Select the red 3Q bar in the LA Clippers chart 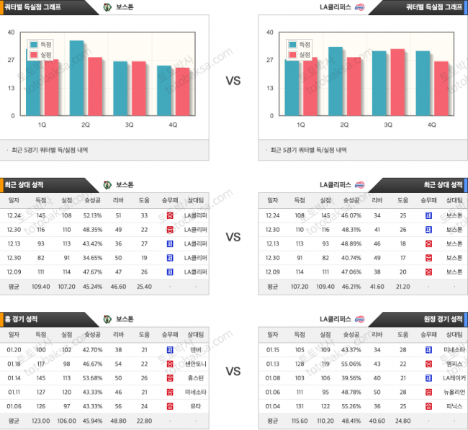pos(397,83)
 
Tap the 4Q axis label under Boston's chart pos(173,125)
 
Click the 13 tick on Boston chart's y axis pos(12,88)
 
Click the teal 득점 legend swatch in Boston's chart pos(33,44)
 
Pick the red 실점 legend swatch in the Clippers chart pos(292,54)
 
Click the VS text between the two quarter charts pos(233,81)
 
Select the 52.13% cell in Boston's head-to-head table pos(92,215)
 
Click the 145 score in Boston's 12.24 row pos(40,215)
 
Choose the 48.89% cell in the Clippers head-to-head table pos(350,243)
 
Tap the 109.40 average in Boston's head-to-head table pos(40,285)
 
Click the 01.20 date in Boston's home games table pos(14,349)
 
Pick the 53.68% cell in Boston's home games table pos(92,378)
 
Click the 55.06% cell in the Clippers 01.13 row pos(350,364)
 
